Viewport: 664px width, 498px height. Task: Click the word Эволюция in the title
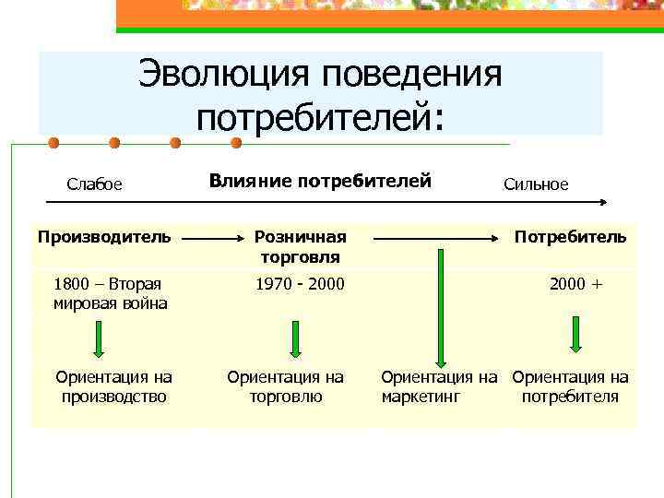point(221,75)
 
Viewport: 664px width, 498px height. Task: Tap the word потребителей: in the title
point(320,116)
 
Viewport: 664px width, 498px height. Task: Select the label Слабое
point(94,184)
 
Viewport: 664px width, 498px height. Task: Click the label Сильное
point(536,184)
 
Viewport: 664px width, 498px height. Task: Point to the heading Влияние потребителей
point(320,181)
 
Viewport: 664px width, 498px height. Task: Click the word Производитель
point(104,237)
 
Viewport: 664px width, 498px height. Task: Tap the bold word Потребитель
point(570,237)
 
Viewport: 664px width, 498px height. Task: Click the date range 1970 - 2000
point(300,284)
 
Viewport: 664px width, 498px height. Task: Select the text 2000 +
point(575,284)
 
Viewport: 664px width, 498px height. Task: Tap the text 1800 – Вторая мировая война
point(110,293)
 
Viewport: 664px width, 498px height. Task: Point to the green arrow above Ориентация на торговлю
point(294,338)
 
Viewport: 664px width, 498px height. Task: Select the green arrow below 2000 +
point(575,334)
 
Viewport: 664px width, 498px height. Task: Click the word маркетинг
point(421,397)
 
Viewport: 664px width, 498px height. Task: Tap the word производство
point(113,397)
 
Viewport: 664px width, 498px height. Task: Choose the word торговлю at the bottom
point(286,397)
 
